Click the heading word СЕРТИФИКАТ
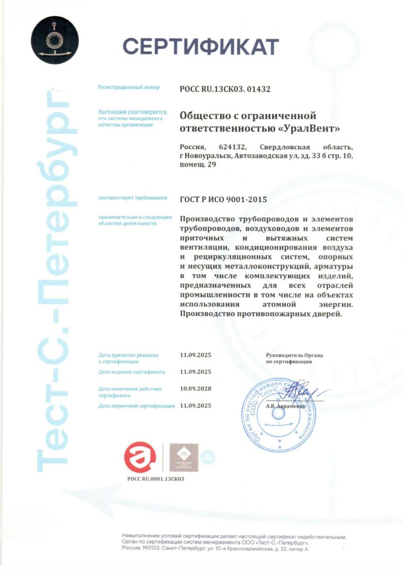tap(200, 46)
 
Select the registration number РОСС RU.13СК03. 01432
tap(225, 89)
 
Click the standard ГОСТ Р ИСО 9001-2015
tap(223, 198)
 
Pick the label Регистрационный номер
tap(129, 87)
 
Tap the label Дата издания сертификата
tap(131, 371)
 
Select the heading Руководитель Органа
tap(295, 355)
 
